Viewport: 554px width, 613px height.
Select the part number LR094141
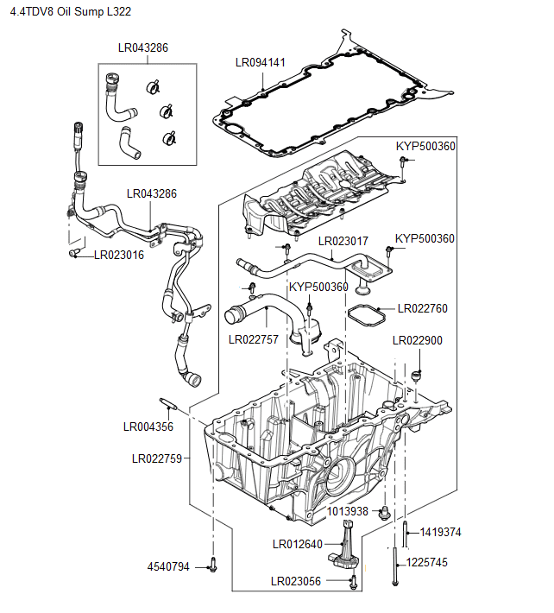pos(261,62)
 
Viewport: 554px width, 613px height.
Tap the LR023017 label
pos(343,241)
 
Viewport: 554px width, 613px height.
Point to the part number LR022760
pos(423,308)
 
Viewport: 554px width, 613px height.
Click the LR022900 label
pos(418,341)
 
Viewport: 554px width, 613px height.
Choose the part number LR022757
pos(254,339)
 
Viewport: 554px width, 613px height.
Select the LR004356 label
pos(148,426)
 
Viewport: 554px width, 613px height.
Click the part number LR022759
pos(157,459)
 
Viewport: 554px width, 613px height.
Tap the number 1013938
pos(348,512)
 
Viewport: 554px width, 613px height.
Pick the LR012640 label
pos(297,544)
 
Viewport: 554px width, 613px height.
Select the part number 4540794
pos(168,567)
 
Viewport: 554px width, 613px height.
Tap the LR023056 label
pos(296,581)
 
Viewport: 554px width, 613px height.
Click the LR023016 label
pos(119,255)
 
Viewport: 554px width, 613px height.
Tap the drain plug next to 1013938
pos(386,513)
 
